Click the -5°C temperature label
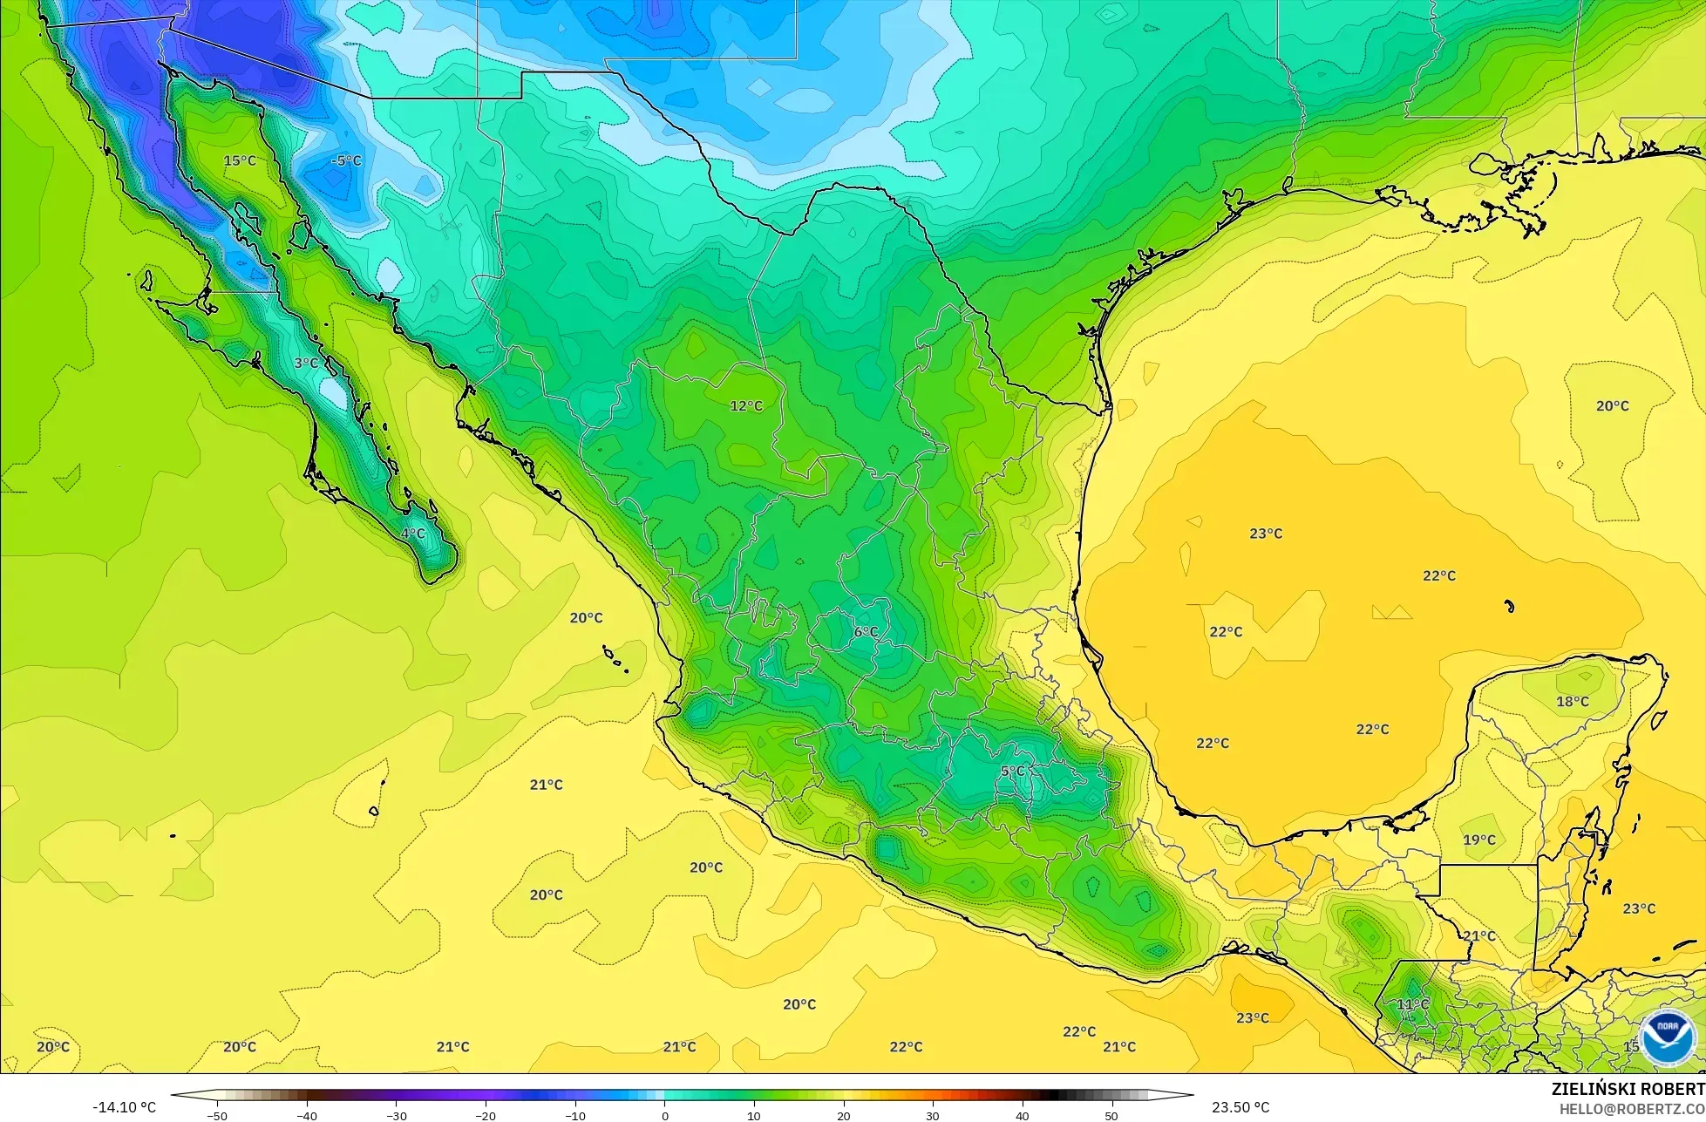[x=346, y=160]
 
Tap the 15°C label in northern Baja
[x=240, y=160]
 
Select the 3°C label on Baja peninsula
[x=306, y=363]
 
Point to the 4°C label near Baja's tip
[x=413, y=534]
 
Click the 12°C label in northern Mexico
[x=746, y=405]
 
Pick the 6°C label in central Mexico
[x=866, y=631]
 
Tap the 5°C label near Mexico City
[x=1013, y=772]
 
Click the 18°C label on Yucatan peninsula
[x=1573, y=701]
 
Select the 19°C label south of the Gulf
[x=1479, y=840]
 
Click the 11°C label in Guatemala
[x=1413, y=1004]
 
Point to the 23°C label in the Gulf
[x=1266, y=533]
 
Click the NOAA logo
[x=1667, y=1037]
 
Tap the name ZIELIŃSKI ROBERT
[x=1628, y=1089]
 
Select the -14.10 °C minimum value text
[x=124, y=1107]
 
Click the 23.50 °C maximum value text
[x=1240, y=1107]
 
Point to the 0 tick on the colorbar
[x=664, y=1115]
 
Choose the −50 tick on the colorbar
[x=217, y=1115]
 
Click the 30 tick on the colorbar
[x=933, y=1115]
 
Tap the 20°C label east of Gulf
[x=1612, y=405]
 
